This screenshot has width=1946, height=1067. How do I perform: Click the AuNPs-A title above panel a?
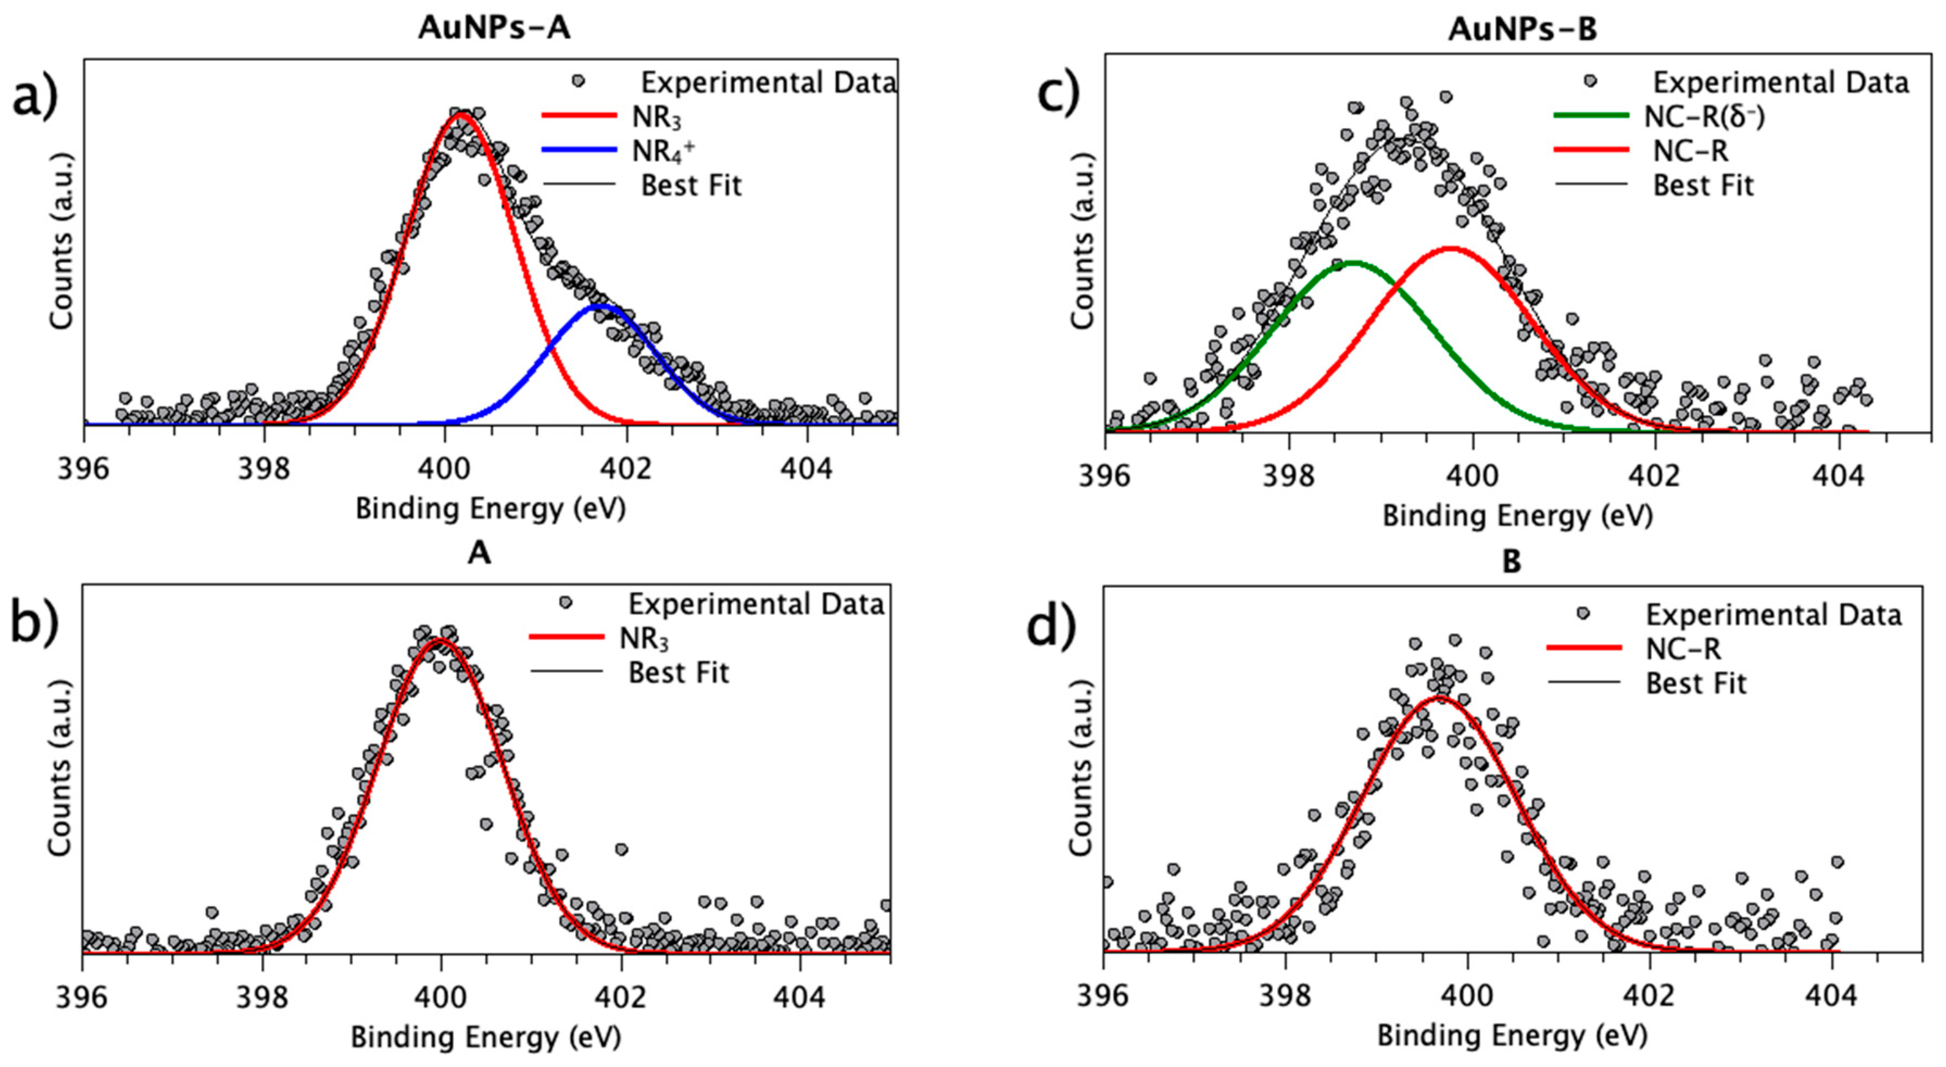coord(494,28)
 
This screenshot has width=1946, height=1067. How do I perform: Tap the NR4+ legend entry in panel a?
coord(663,151)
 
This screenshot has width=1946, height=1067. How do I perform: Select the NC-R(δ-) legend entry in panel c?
coord(1704,116)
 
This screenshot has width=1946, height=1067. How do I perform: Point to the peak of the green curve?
coord(1352,263)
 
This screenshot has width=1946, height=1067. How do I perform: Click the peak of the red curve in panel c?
coord(1451,248)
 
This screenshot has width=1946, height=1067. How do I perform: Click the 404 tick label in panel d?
coord(1831,996)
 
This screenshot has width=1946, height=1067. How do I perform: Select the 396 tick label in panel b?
coord(81,998)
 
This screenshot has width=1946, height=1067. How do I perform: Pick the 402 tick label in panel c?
coord(1654,477)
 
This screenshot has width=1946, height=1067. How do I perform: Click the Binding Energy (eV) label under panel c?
coord(1517,516)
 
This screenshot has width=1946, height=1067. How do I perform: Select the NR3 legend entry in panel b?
coord(644,638)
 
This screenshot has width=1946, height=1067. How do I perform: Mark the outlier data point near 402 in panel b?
coord(621,849)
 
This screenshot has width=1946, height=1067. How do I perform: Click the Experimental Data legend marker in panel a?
coord(578,80)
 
